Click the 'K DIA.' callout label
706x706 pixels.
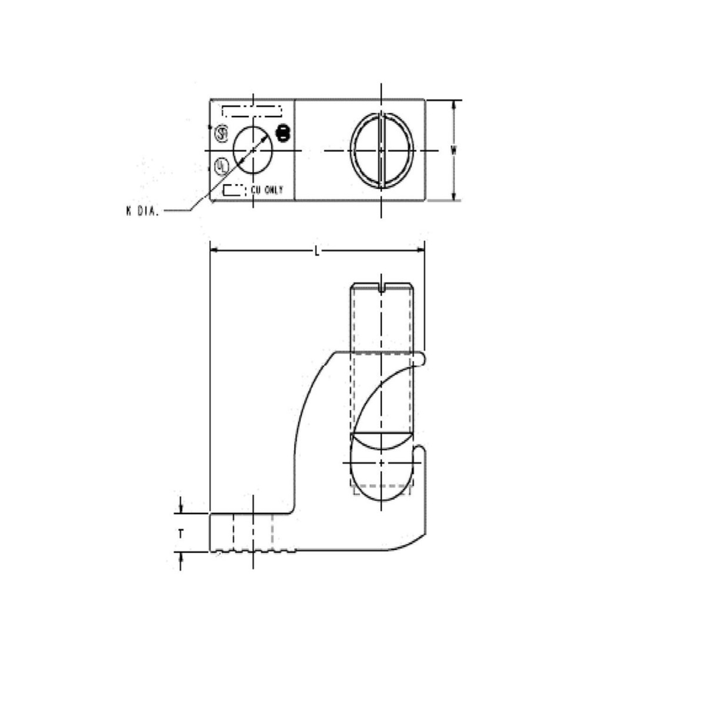click(142, 211)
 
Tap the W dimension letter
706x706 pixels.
click(454, 150)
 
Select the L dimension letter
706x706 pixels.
click(317, 251)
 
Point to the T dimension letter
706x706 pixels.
click(181, 533)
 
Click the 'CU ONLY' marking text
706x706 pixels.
click(267, 190)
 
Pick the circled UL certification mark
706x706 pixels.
click(221, 165)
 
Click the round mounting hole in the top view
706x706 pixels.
click(253, 149)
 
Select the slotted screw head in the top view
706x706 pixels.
click(382, 150)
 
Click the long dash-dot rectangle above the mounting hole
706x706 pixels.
click(252, 111)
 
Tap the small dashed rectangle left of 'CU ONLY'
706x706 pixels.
click(234, 190)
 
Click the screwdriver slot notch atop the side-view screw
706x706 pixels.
click(382, 288)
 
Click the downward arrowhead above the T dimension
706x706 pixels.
click(181, 508)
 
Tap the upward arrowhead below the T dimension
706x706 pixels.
click(181, 557)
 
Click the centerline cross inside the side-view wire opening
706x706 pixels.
click(382, 463)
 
